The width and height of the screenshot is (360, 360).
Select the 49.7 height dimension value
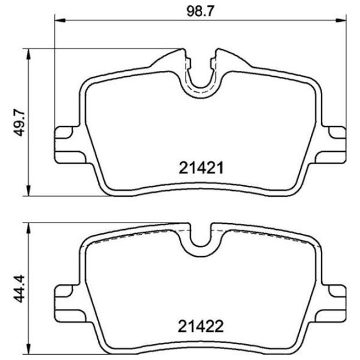pos(19,124)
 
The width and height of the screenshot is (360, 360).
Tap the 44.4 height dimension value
pos(19,289)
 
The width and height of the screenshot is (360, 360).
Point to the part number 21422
pos(201,327)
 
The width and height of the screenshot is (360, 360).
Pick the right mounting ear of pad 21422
pos(335,298)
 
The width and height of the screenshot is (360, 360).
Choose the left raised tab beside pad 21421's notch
pos(186,57)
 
